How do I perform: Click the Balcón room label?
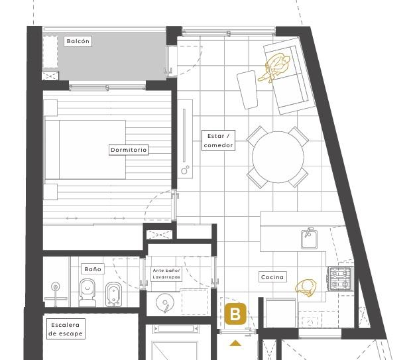coord(78,41)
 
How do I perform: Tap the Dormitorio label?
coord(129,150)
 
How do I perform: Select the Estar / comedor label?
coord(218,141)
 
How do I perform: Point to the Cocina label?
coord(272,277)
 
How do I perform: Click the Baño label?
coord(93,269)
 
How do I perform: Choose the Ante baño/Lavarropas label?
coord(166,274)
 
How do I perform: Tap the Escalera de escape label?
coord(66,329)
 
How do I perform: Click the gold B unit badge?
coord(235,314)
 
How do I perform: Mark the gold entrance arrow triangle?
coord(235,343)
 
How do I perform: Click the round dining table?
coord(278,157)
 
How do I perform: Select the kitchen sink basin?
coord(310,239)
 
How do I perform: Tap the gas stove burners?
coord(340,278)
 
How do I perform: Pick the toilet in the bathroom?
coord(88,293)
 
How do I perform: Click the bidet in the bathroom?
coord(113,294)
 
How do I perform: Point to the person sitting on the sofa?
coord(275,68)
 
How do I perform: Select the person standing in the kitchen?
coord(306,287)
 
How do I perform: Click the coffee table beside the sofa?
coord(247,90)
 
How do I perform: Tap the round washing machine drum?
coord(165,302)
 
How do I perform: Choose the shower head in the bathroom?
coord(55,286)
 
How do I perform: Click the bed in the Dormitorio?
coord(85,150)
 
